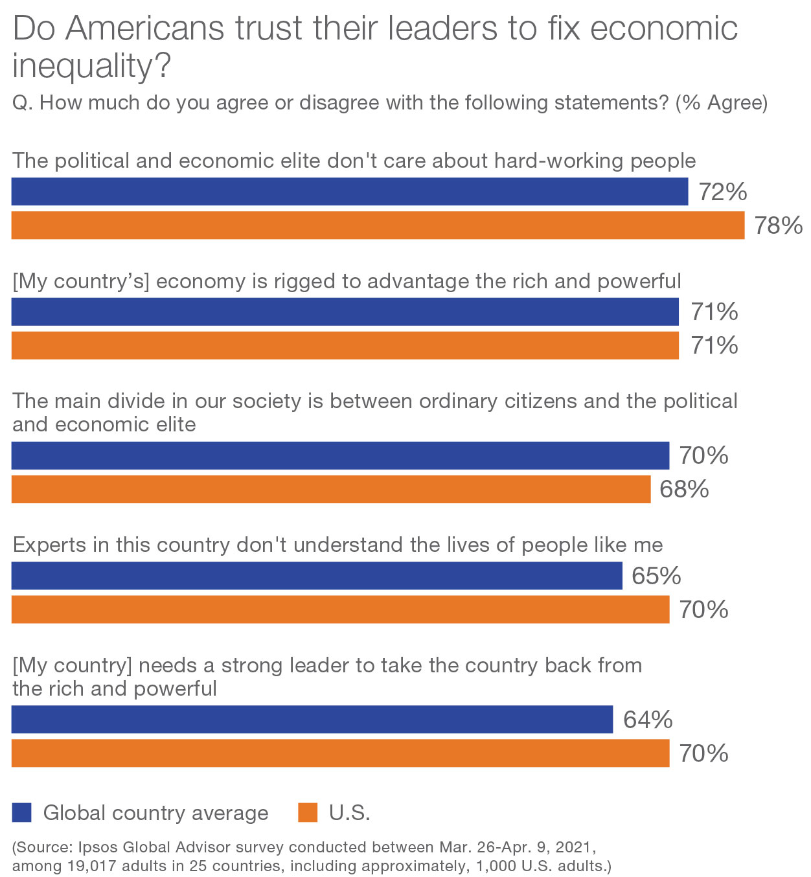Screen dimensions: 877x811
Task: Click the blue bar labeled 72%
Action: coord(350,192)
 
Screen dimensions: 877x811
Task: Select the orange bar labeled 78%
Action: coord(378,225)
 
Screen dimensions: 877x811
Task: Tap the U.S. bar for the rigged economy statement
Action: coord(345,345)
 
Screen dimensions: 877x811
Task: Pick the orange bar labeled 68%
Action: coord(331,489)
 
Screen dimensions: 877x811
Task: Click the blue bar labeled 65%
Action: coord(317,576)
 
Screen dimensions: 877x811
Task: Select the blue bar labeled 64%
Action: coord(312,720)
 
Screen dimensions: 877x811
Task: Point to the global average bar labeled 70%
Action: coord(340,455)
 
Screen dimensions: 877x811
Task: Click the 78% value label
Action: coord(778,225)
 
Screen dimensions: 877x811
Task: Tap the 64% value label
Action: coord(647,720)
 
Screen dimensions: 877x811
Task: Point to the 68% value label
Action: coord(684,489)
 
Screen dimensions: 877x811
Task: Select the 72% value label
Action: coord(722,192)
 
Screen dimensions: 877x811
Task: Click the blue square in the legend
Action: coord(22,812)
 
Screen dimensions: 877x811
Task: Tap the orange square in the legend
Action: coord(308,812)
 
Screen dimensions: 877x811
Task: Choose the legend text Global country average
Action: coord(155,813)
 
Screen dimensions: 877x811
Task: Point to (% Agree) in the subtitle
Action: coord(721,103)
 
